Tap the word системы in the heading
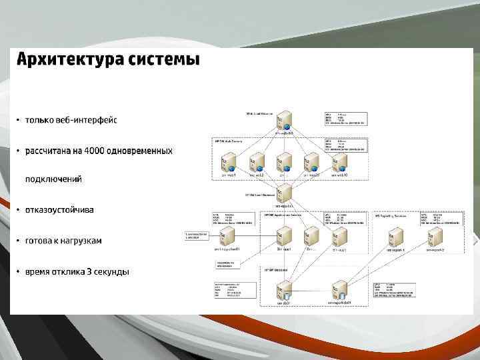[x=163, y=59]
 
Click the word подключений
[x=53, y=179]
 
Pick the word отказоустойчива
[x=59, y=209]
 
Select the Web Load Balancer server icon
[x=284, y=121]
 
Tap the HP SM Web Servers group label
[x=229, y=141]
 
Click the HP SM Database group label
[x=275, y=271]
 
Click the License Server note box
[x=195, y=235]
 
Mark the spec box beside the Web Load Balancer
[x=345, y=118]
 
